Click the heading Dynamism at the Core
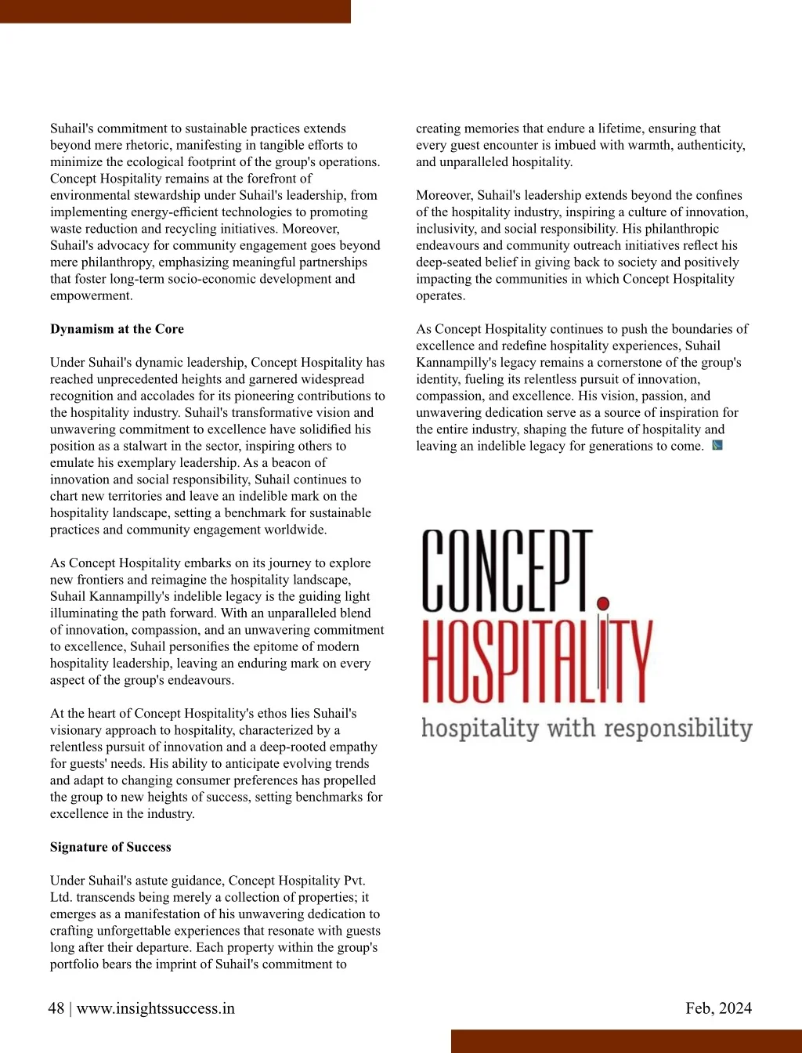(x=117, y=329)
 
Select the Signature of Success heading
(x=110, y=847)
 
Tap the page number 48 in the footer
(x=56, y=1008)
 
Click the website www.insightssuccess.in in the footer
(x=155, y=1008)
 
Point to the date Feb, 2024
(x=718, y=1008)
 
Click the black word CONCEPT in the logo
(x=508, y=570)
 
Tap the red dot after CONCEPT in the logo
(x=603, y=602)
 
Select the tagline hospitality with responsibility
(x=586, y=728)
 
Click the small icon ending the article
(x=717, y=446)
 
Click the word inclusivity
(x=446, y=229)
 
